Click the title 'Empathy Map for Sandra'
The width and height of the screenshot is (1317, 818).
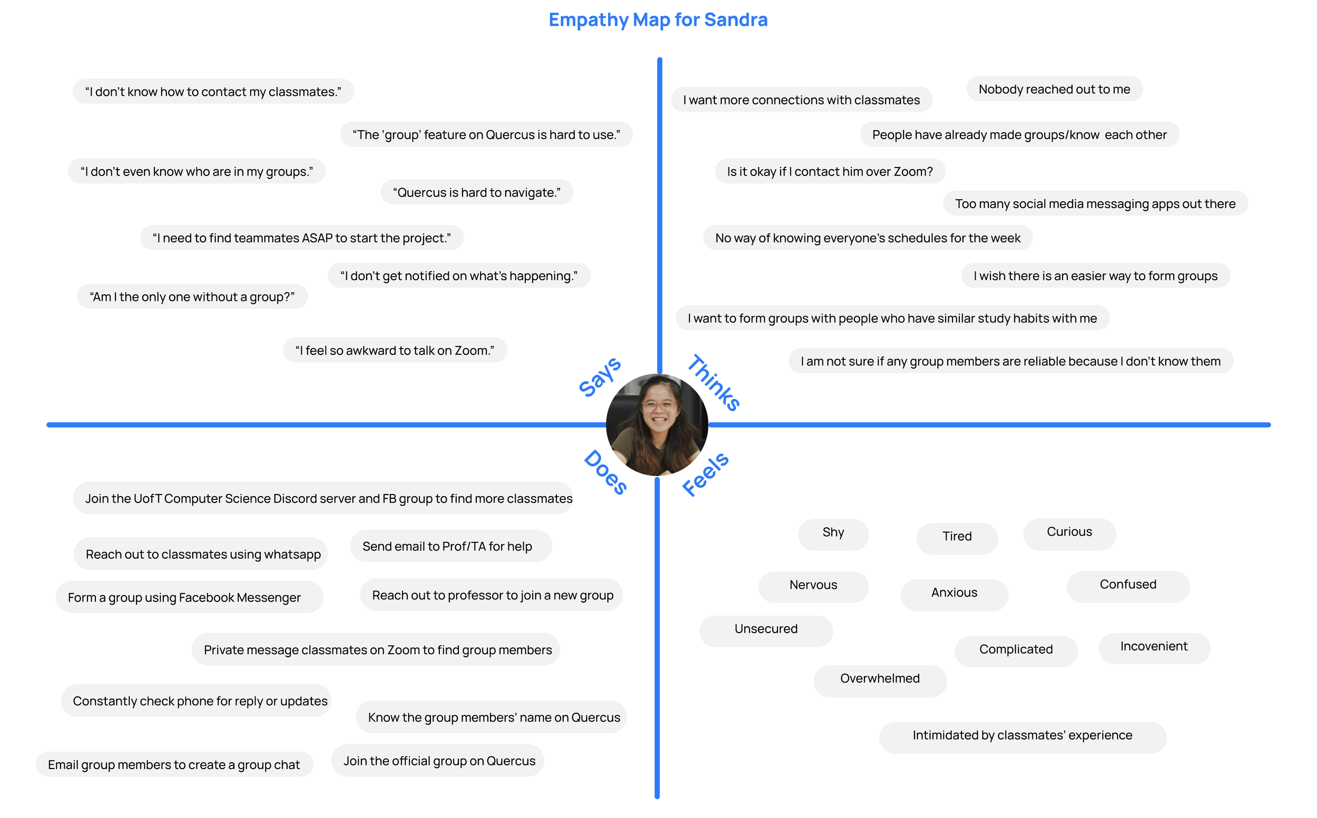coord(658,20)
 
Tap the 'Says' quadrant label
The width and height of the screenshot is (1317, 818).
coord(599,377)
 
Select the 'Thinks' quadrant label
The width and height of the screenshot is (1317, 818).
coord(714,383)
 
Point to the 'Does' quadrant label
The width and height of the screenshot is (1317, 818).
coord(605,472)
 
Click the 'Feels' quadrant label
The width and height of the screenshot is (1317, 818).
coord(705,474)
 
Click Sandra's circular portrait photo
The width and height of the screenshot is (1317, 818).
coord(657,425)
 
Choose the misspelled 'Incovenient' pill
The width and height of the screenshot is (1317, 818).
coord(1154,647)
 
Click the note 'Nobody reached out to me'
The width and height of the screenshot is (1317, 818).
coord(1054,89)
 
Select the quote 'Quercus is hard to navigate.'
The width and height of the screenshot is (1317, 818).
coord(476,193)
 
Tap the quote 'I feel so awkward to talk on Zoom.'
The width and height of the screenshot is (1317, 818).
coord(395,351)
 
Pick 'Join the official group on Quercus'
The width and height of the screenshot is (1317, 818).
coord(439,761)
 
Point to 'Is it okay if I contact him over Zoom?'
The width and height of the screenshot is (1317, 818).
coord(830,172)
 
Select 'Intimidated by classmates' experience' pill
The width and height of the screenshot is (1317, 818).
coord(1022,736)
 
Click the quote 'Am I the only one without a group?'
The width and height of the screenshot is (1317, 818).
coord(192,297)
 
